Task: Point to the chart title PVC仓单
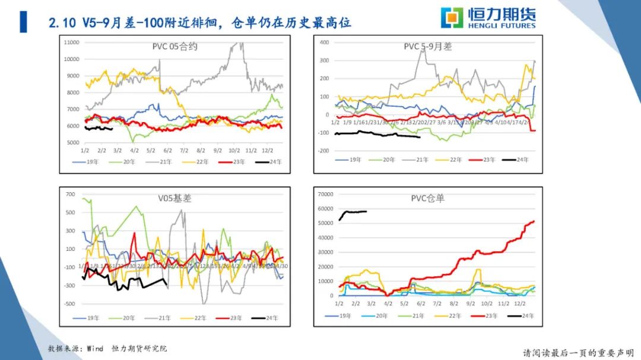tap(427, 198)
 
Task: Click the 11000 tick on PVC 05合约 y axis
tap(71, 42)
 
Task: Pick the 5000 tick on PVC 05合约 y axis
tap(73, 143)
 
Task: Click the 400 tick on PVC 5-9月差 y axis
tap(325, 42)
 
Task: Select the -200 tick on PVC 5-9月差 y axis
tap(323, 151)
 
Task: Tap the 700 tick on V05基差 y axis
tap(71, 195)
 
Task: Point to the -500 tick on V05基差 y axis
tap(69, 304)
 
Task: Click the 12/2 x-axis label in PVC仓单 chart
tap(520, 302)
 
